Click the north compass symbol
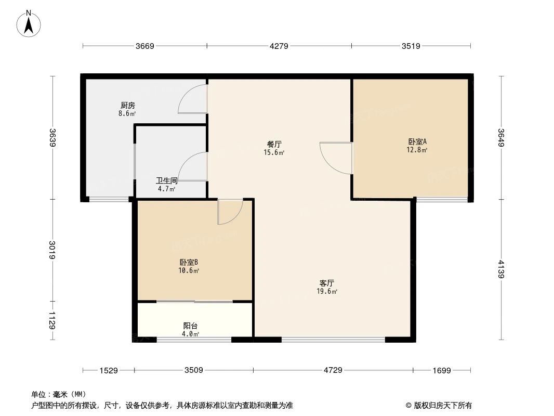[30, 23]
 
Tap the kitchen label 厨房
[127, 105]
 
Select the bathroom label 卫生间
[167, 181]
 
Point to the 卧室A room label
[417, 142]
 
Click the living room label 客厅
[327, 283]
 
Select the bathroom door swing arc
[192, 166]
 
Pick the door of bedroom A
[336, 158]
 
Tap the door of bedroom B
[230, 212]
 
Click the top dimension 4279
[279, 46]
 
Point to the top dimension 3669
[145, 46]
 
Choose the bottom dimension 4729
[333, 370]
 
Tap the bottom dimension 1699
[441, 370]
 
